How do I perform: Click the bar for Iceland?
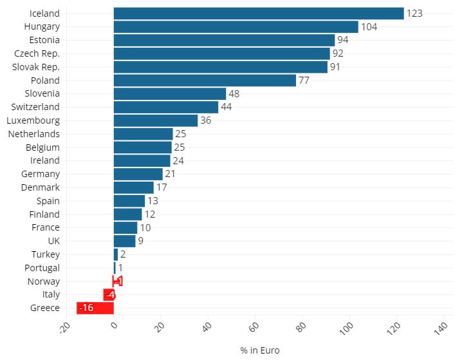[258, 14]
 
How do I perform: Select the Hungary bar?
[235, 27]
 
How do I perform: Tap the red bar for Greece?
[95, 308]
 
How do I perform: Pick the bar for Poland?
[205, 81]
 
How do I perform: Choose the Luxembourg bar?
[155, 120]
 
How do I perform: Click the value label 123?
[414, 14]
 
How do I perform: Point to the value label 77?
[304, 81]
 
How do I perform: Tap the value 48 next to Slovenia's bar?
[234, 94]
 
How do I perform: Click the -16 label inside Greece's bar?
[86, 308]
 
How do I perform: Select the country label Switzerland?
[35, 107]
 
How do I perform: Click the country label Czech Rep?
[37, 53]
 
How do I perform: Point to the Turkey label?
[45, 254]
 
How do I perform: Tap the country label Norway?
[43, 281]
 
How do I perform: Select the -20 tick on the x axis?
[64, 329]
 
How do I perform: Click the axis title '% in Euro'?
[260, 350]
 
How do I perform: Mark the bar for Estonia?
[224, 41]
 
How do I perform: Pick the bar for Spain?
[129, 201]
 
